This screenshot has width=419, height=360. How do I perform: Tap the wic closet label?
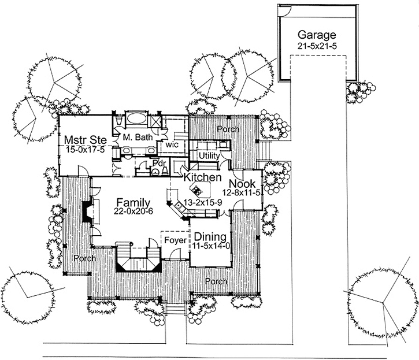(172, 145)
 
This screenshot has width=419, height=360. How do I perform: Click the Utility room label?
(208, 156)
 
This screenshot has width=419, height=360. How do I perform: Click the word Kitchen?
(203, 177)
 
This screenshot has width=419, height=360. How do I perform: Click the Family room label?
(133, 202)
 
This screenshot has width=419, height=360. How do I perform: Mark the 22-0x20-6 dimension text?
(133, 212)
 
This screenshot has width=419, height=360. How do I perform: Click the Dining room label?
(210, 236)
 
